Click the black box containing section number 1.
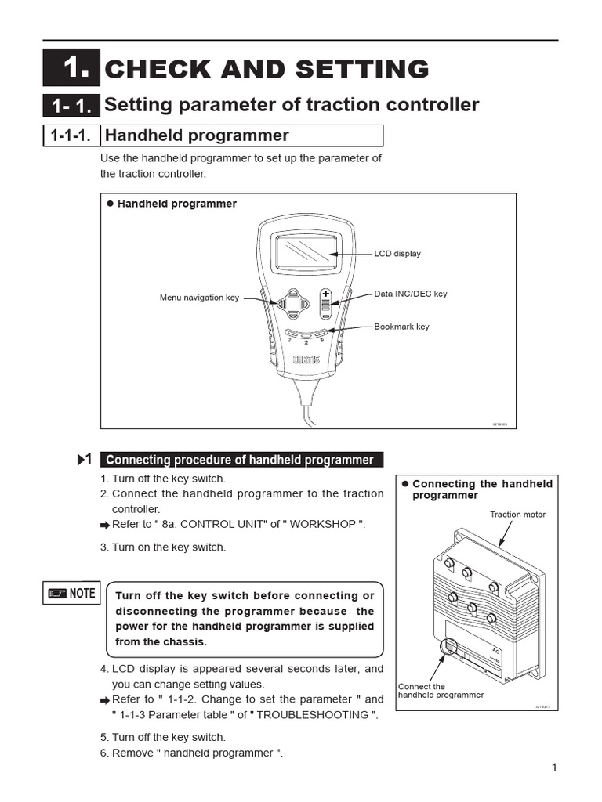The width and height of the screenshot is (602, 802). [71, 68]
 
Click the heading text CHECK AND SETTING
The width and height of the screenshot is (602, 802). [267, 69]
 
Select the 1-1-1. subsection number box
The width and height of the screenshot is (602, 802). [71, 135]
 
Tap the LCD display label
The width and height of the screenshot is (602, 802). [397, 254]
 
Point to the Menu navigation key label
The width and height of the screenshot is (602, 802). [199, 298]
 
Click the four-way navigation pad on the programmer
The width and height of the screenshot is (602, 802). [292, 304]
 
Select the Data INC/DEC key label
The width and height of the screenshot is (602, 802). [410, 294]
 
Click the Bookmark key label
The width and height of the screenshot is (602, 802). [401, 327]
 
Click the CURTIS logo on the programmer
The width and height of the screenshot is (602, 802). [306, 361]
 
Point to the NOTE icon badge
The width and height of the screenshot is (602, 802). [71, 593]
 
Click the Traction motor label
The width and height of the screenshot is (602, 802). [517, 515]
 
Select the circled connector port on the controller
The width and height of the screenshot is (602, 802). [449, 647]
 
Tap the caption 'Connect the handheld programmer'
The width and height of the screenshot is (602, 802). [441, 691]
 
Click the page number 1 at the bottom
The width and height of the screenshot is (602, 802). [553, 768]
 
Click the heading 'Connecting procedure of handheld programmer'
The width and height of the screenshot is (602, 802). [240, 460]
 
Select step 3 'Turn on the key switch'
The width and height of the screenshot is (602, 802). [163, 547]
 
